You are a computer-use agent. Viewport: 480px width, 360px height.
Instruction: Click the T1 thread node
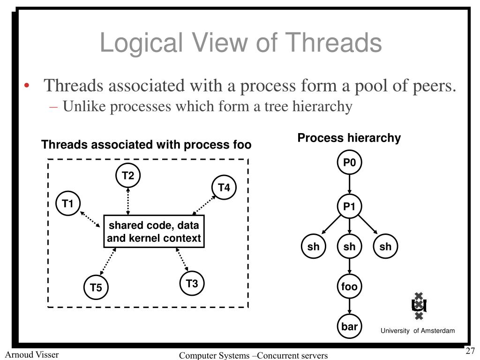coord(68,204)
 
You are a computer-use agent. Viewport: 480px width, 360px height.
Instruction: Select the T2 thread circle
coord(128,176)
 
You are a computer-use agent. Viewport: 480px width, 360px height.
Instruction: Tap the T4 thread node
coord(224,188)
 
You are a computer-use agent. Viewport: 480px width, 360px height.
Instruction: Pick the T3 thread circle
coord(192,284)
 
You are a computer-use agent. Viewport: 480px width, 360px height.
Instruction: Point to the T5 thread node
coord(96,288)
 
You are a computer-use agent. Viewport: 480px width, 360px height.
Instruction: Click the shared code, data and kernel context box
coord(154,232)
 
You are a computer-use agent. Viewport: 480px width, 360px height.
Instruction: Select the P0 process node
coord(350,163)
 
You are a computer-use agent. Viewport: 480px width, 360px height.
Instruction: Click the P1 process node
coord(350,206)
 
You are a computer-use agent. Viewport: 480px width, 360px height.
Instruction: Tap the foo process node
coord(350,286)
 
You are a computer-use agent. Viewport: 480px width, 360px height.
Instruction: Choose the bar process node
coord(350,327)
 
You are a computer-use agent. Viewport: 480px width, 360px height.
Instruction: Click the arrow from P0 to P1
coord(350,185)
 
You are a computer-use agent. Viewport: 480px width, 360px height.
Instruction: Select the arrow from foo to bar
coord(350,307)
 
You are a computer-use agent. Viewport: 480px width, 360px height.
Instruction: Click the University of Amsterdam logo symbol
coord(419,306)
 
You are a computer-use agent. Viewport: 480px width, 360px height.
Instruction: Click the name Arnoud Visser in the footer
coord(32,354)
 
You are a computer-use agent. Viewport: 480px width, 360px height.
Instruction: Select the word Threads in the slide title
coord(334,43)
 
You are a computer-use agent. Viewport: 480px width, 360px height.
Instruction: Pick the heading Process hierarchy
coord(349,138)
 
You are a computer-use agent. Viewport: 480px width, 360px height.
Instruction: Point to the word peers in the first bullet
coord(432,86)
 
